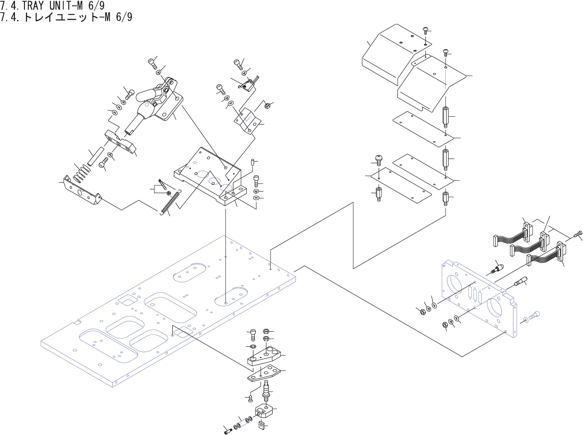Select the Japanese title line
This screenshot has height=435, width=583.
click(67, 17)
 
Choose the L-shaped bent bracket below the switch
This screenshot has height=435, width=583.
click(248, 121)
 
